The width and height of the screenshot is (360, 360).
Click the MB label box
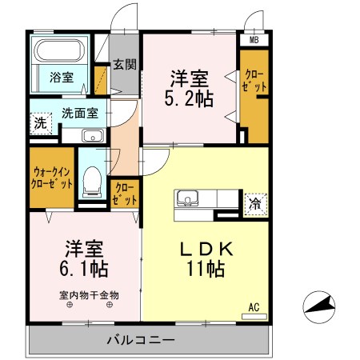point(254,39)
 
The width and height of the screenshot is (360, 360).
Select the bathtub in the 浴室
point(61,53)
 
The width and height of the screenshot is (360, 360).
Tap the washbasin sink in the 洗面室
point(93,134)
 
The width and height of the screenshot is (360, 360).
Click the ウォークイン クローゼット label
point(52,177)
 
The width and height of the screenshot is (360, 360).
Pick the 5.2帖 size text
point(190,99)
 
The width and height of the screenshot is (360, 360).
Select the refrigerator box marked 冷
point(254,203)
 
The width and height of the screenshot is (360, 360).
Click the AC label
point(254,306)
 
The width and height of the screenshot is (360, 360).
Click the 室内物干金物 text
point(88,294)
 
